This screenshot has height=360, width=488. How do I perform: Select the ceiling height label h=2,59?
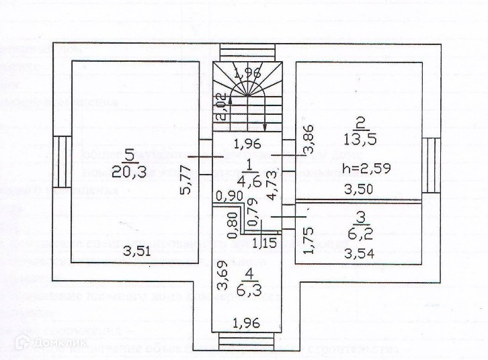click(366, 169)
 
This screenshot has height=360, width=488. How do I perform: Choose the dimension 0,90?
click(230, 196)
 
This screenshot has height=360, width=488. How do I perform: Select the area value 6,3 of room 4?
click(249, 291)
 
